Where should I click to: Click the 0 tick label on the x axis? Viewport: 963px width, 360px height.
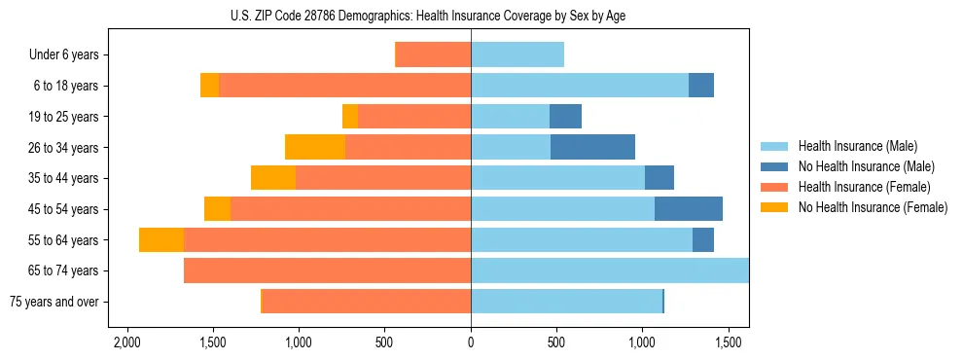click(471, 343)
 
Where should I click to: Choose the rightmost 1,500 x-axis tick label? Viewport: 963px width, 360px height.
click(729, 343)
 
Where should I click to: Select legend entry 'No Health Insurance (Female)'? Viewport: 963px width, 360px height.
click(873, 207)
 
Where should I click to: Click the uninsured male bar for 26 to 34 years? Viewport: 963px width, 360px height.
click(592, 148)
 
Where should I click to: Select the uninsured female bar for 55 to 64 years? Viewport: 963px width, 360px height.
click(161, 240)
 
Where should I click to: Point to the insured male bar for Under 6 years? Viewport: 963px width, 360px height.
click(517, 55)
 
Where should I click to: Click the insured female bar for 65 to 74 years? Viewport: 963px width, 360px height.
click(327, 270)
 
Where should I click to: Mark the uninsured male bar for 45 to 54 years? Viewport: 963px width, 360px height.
click(689, 209)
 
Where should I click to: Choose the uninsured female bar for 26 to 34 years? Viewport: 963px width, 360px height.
click(315, 148)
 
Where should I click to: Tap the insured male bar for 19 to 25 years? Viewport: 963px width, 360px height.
click(510, 117)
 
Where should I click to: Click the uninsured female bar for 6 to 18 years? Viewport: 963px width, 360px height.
click(209, 86)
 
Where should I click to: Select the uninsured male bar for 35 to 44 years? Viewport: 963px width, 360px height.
click(660, 178)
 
